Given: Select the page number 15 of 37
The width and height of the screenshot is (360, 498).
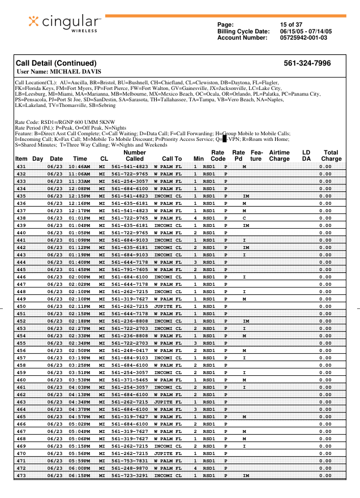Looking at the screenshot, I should coord(292,24).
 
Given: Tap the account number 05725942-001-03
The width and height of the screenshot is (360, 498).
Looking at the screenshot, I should coord(303,37).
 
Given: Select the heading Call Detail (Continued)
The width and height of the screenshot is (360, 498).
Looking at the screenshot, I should coord(57,63).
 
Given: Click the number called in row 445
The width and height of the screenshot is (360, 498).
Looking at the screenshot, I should coord(130,269).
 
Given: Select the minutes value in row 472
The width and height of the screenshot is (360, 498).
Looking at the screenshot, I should coord(195,468).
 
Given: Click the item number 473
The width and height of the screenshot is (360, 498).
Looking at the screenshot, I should coord(21,475).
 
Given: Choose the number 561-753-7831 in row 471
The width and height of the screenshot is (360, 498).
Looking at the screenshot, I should coord(130,461).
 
